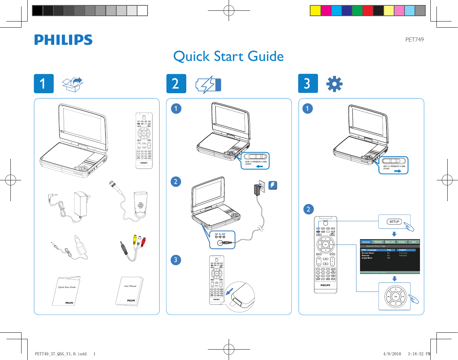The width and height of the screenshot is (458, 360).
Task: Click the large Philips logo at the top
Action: (63, 40)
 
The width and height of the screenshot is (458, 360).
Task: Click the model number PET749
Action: (414, 40)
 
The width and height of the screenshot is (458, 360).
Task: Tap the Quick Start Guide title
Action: (228, 56)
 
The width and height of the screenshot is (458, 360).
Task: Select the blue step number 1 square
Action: (44, 84)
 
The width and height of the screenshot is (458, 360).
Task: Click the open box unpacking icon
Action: (73, 84)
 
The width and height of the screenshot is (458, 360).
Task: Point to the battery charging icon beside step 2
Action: (208, 85)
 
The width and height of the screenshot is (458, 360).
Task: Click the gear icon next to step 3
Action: (334, 84)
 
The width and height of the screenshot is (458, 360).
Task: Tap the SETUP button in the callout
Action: (394, 222)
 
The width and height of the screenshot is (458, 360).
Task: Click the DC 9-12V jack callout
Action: (222, 240)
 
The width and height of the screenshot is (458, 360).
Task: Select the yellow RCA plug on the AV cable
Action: (134, 238)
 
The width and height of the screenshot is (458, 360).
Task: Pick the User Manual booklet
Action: (130, 291)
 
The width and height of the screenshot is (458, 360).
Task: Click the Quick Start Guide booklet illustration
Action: (67, 291)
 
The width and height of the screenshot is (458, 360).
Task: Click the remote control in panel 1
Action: (144, 141)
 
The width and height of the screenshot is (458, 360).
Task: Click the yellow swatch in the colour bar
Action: (315, 11)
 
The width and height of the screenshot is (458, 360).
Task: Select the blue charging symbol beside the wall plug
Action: (273, 185)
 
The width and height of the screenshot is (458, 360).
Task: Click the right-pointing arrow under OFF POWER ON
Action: (397, 171)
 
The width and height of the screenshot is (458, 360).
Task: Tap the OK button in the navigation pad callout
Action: (396, 297)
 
